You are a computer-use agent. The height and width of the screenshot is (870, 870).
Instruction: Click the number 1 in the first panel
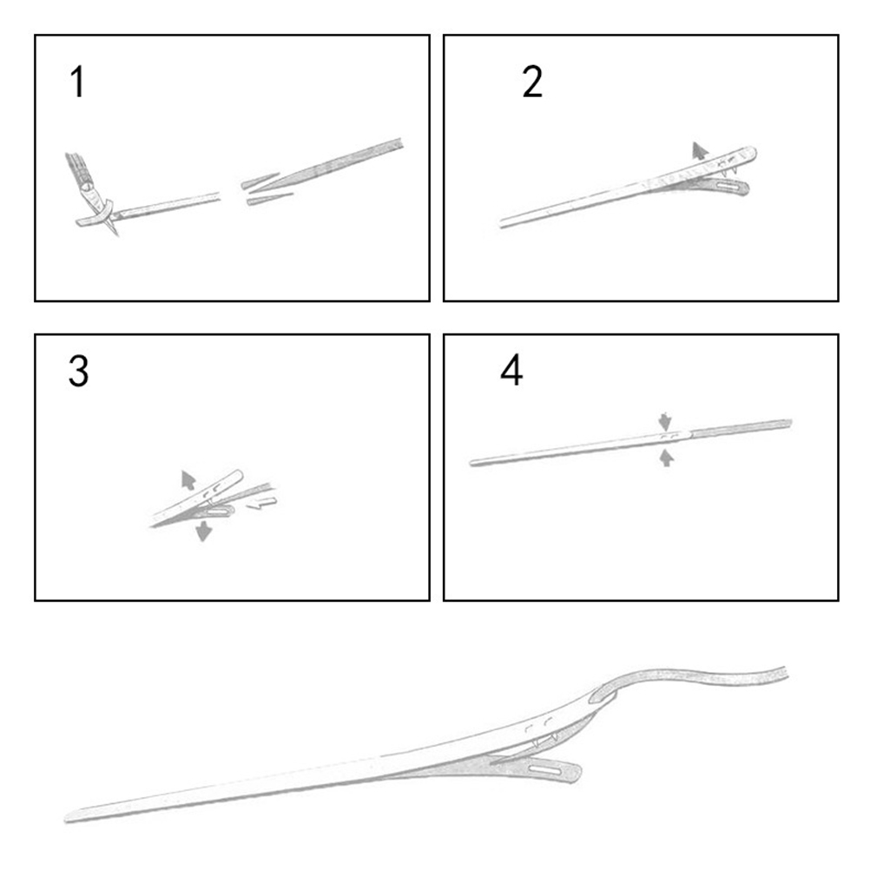click(77, 82)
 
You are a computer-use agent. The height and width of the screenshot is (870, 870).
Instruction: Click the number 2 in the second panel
click(532, 82)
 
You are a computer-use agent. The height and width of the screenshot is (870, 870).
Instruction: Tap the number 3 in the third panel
click(78, 372)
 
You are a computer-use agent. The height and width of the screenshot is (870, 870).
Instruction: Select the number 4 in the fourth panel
click(511, 370)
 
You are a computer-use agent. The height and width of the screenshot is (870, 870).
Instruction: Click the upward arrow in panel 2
click(700, 151)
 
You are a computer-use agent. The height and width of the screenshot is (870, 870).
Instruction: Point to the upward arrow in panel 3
click(188, 480)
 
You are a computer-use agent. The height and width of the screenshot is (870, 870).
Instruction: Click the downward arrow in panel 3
click(204, 531)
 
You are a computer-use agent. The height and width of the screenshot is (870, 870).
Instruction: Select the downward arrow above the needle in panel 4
click(665, 421)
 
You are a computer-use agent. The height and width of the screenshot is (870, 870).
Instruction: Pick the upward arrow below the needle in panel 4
click(667, 458)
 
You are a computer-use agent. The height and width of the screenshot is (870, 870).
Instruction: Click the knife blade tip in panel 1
click(117, 235)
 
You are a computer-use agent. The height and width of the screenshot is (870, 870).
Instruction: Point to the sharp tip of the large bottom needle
click(65, 818)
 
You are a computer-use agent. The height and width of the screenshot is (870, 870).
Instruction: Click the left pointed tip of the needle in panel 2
click(501, 224)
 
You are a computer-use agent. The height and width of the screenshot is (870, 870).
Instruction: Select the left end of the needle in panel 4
click(472, 462)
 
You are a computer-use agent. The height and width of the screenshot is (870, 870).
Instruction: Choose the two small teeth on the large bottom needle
click(544, 741)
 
